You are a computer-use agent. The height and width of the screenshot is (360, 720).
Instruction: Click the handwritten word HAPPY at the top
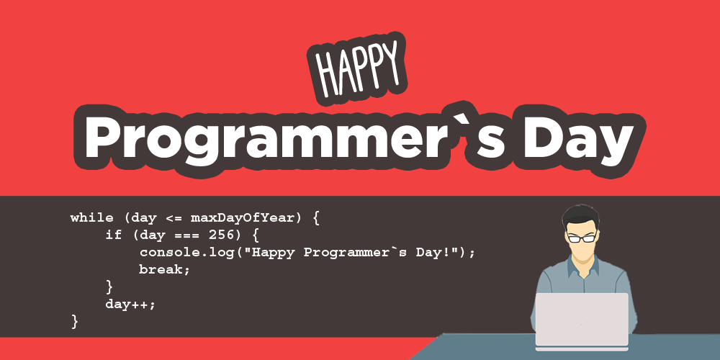(x=357, y=69)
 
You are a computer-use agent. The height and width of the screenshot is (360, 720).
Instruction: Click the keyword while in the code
(x=91, y=217)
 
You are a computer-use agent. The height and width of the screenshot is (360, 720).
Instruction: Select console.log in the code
(x=186, y=253)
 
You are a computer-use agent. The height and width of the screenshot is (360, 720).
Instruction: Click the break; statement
(x=164, y=269)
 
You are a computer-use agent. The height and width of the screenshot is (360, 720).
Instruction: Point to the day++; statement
(x=130, y=304)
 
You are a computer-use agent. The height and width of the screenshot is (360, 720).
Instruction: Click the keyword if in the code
(x=114, y=235)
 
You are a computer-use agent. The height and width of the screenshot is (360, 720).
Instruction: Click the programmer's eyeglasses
(x=581, y=238)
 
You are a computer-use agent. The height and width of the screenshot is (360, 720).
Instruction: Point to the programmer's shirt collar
(x=582, y=266)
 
